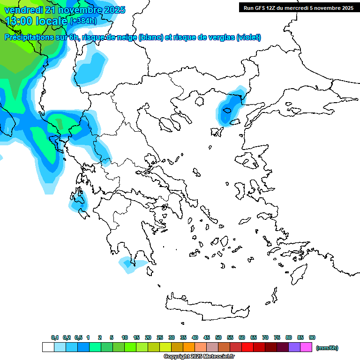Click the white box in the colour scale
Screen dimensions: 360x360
click(x=48, y=347)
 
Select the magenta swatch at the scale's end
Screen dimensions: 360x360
click(x=306, y=347)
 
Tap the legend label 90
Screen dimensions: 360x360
click(x=312, y=337)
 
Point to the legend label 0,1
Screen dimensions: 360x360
click(x=55, y=337)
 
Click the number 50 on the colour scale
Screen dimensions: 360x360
click(x=218, y=337)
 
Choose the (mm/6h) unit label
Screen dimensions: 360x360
click(x=327, y=348)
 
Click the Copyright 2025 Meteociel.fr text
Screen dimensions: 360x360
click(x=199, y=357)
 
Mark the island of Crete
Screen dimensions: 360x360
click(x=206, y=305)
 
